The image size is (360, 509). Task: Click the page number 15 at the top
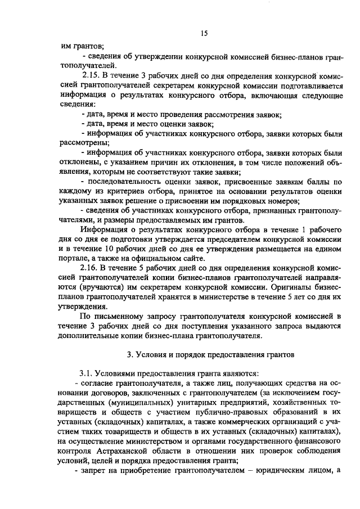point(204,34)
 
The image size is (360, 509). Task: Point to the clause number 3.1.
point(89,373)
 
